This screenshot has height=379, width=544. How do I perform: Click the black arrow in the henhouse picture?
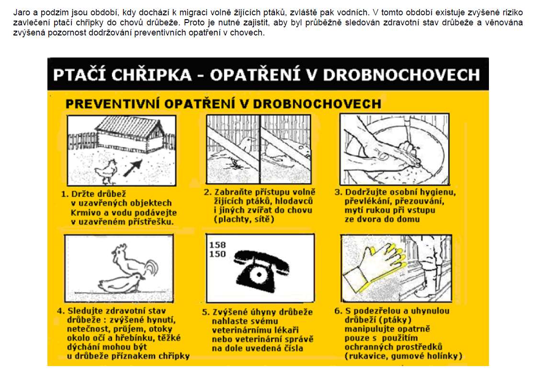(133, 168)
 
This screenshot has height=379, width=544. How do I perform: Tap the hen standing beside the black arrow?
(106, 172)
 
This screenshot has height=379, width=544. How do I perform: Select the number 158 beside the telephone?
(217, 245)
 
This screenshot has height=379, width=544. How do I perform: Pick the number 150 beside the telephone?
(217, 254)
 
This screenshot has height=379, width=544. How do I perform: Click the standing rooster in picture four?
(134, 262)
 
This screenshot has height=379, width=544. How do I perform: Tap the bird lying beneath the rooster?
(122, 283)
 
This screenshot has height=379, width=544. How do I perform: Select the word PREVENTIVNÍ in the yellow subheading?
(113, 104)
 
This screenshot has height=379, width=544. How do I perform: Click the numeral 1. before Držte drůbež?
(65, 194)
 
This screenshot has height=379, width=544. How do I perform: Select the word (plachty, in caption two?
(231, 219)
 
